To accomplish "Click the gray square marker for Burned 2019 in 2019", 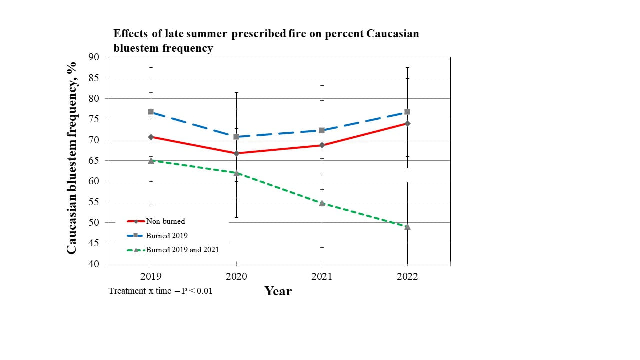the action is pos(151,112).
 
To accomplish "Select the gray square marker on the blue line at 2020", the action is pos(236,137).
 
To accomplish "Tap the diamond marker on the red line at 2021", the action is pos(322,145).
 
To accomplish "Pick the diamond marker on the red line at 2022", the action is pos(407,123).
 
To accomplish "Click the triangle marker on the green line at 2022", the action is pos(407,227).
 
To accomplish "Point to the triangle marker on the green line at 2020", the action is pos(236,173).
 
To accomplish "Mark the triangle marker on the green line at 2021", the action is pos(322,203).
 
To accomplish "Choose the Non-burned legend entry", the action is pos(156,221).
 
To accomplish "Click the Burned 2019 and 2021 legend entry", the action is pos(173,250).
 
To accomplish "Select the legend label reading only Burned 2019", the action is pos(167,235).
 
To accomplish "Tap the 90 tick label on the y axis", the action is pos(94,57).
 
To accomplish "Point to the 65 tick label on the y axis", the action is pos(94,160).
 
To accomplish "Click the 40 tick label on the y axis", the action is pos(94,264).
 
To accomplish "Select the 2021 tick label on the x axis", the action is pos(322,276).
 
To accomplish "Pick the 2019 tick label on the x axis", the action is pos(151,276).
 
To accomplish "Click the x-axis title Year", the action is pos(278,291).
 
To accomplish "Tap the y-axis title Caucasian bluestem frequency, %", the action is pos(71,158).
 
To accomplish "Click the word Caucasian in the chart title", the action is pos(393,33).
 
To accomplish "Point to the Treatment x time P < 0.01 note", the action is pos(160,291).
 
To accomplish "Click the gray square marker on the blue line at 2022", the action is pos(407,112).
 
